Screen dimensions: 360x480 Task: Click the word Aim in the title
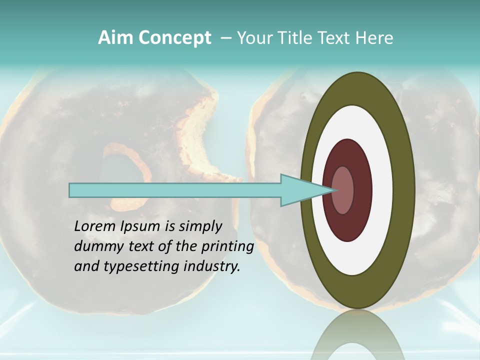(114, 38)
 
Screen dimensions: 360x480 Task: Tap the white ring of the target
(381, 190)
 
